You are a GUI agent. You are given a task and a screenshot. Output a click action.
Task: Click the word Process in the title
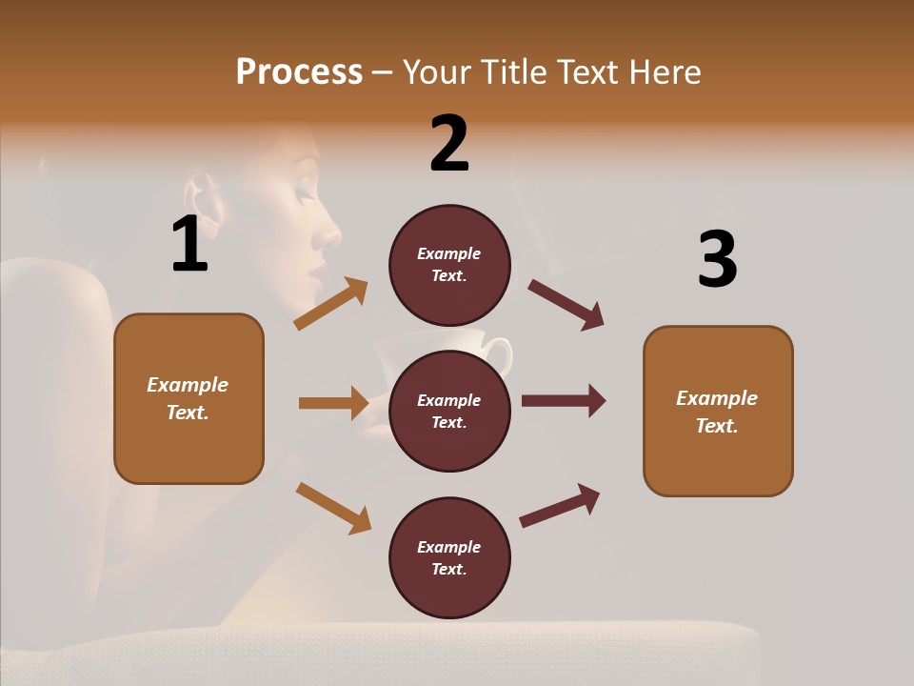pyautogui.click(x=299, y=72)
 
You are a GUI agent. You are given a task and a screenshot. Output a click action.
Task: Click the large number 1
pyautogui.click(x=189, y=245)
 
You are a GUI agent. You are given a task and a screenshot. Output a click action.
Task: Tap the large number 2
pyautogui.click(x=449, y=144)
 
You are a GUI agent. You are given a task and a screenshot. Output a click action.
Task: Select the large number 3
pyautogui.click(x=717, y=260)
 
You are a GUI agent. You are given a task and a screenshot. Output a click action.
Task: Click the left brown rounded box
pyautogui.click(x=189, y=398)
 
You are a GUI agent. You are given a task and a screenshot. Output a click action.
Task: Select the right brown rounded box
pyautogui.click(x=718, y=411)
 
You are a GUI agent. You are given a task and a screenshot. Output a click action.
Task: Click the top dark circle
pyautogui.click(x=449, y=265)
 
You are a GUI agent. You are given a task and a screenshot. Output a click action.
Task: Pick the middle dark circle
pyautogui.click(x=449, y=411)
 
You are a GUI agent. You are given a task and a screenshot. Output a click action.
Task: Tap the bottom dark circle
pyautogui.click(x=449, y=557)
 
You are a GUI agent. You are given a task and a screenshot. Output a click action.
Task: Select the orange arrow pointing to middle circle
pyautogui.click(x=333, y=403)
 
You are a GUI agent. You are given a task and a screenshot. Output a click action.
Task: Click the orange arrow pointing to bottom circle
pyautogui.click(x=333, y=508)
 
